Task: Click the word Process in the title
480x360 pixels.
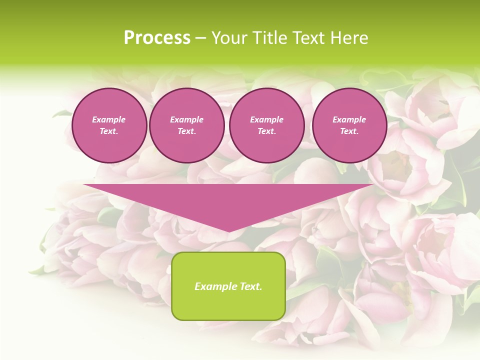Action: coord(157,38)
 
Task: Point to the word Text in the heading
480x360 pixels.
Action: coord(308,38)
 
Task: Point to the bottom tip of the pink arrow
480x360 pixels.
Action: coord(228,231)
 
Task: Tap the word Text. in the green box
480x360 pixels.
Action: coord(250,286)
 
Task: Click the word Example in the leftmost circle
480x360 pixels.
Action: coord(109,119)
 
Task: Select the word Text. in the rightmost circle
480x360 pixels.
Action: coord(349,131)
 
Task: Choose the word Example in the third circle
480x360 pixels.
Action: coord(266,119)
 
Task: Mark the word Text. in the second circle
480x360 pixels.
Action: coord(186,131)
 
